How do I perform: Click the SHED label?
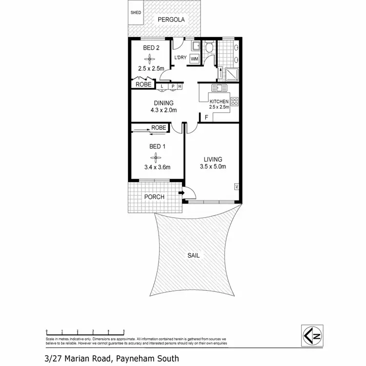[135, 13]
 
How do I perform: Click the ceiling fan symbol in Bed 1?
[155, 157]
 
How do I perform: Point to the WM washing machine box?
[194, 59]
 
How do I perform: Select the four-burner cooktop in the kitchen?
[234, 102]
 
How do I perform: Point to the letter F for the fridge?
[207, 118]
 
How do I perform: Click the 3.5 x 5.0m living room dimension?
[213, 167]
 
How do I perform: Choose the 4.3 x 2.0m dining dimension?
[163, 110]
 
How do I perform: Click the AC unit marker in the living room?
[236, 186]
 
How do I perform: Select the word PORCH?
[154, 197]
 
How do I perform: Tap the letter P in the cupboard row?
[172, 87]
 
